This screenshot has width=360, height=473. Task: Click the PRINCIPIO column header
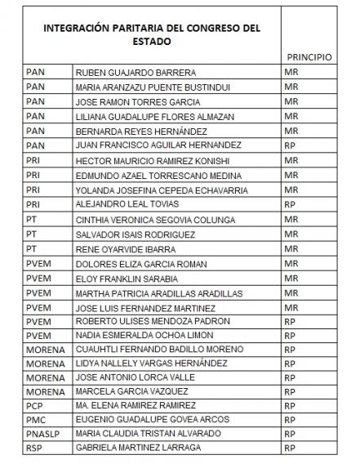tap(309, 57)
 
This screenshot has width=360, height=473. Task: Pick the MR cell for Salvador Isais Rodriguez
tap(291, 234)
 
